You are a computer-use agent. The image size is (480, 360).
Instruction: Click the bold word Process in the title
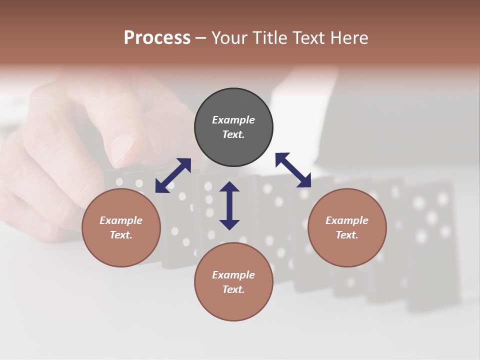pos(157,38)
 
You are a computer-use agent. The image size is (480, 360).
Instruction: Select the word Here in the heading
pos(349,38)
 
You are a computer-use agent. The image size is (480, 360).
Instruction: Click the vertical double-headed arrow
pos(229,205)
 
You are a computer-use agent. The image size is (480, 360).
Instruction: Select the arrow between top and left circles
pos(173,175)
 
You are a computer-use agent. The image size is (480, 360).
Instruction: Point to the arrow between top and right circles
pos(293,170)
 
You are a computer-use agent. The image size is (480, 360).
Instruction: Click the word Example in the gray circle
pos(233,120)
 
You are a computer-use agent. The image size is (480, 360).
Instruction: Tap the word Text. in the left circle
pos(121,235)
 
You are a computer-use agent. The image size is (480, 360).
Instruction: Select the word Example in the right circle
pos(347,220)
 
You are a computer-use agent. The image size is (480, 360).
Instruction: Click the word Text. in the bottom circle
pos(233,289)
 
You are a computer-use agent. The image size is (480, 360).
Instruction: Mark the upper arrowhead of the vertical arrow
pos(229,187)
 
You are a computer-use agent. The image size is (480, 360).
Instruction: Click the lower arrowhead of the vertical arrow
pos(229,224)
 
